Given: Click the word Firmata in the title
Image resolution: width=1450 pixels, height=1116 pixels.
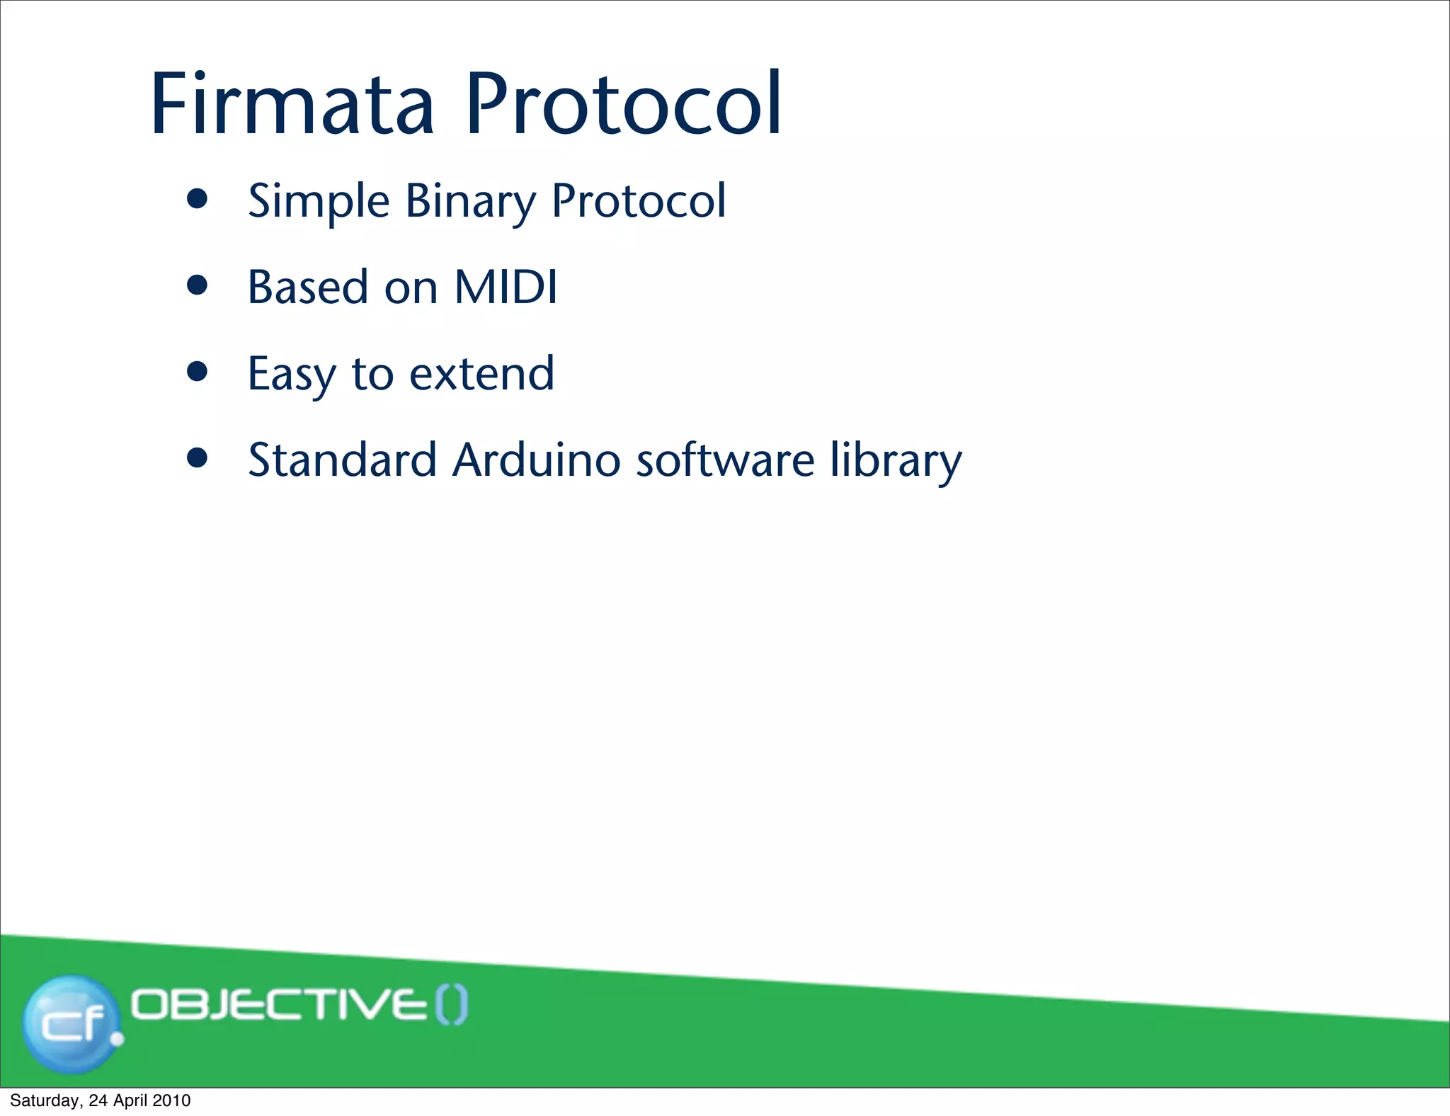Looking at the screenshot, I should pyautogui.click(x=292, y=104).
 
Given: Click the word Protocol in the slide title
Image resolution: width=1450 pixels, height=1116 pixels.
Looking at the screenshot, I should pyautogui.click(x=623, y=104).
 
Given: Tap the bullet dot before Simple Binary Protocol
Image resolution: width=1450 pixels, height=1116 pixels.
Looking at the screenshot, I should pyautogui.click(x=198, y=199).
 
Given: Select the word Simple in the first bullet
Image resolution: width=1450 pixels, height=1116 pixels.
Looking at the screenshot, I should pyautogui.click(x=319, y=201).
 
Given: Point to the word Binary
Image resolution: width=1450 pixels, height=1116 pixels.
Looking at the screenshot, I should pyautogui.click(x=470, y=201).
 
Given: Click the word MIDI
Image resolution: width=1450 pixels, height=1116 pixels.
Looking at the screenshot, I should pyautogui.click(x=506, y=287).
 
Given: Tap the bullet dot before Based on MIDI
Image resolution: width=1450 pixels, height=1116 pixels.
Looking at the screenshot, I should pyautogui.click(x=198, y=285).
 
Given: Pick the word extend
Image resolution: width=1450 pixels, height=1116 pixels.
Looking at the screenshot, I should pyautogui.click(x=481, y=374).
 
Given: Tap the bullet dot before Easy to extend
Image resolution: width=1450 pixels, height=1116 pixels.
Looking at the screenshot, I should pyautogui.click(x=198, y=372).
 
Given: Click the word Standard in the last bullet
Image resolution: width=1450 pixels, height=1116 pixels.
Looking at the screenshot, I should pyautogui.click(x=342, y=460).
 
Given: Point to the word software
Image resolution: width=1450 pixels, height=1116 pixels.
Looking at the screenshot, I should pyautogui.click(x=725, y=460).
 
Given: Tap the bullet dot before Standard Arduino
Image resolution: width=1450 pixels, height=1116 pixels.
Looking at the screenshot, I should pyautogui.click(x=198, y=458).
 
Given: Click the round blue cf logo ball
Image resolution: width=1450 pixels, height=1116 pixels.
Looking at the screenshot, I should pyautogui.click(x=71, y=1023).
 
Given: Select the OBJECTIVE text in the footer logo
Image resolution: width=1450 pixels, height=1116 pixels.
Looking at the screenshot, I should pyautogui.click(x=280, y=1006).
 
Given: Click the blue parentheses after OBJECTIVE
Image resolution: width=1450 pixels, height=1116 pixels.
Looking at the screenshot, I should pyautogui.click(x=451, y=1006).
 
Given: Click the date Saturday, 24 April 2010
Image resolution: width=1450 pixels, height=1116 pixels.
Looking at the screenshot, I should pyautogui.click(x=100, y=1100).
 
